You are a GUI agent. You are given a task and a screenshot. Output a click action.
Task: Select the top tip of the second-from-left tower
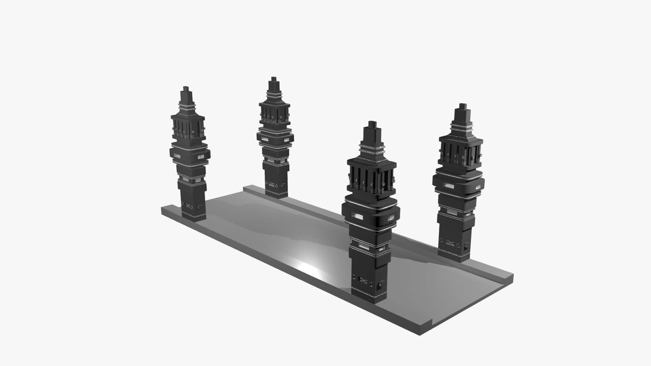click(x=273, y=79)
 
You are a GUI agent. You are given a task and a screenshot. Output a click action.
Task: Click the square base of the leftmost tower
click(x=194, y=208)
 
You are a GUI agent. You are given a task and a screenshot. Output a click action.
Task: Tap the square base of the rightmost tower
click(x=454, y=247)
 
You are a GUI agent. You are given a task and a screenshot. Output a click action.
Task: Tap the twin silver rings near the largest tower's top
click(x=372, y=148)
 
